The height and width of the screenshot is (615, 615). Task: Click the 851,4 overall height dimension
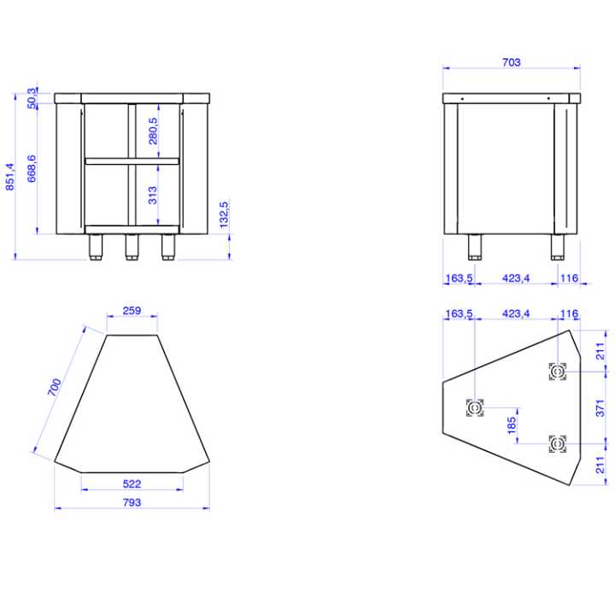[x=10, y=177]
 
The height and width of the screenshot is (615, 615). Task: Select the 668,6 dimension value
[x=32, y=169]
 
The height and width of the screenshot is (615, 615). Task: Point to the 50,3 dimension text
[x=32, y=97]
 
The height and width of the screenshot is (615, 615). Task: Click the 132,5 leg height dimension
[x=225, y=214]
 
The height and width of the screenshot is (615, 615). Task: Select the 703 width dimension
[x=511, y=62]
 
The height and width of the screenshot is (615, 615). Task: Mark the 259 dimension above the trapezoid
[x=132, y=311]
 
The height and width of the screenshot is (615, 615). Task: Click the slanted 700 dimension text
[x=55, y=388]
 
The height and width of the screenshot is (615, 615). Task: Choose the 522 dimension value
[x=132, y=483]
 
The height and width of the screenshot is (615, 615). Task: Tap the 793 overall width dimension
[x=132, y=502]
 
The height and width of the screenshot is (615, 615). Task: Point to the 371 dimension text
[x=600, y=407]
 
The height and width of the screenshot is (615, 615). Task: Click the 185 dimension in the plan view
[x=512, y=425]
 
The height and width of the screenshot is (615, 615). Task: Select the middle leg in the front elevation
[x=132, y=246]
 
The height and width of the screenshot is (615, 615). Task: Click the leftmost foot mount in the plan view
[x=475, y=407]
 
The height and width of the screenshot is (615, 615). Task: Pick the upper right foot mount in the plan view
[x=557, y=372]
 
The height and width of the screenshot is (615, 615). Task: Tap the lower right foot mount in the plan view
[x=557, y=444]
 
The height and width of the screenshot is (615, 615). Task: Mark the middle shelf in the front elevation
[x=132, y=160]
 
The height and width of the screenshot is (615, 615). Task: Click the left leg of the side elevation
[x=475, y=246]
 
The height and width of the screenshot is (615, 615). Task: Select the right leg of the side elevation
[x=558, y=246]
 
